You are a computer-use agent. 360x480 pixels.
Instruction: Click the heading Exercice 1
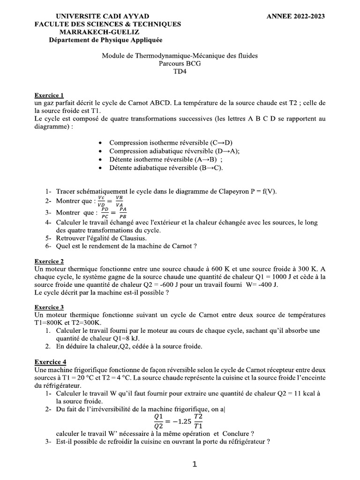(x=49, y=95)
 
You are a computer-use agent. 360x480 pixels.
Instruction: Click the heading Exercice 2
(x=49, y=262)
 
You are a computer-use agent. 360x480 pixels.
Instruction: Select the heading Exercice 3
(x=49, y=307)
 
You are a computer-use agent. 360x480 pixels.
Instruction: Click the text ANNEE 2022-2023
(x=295, y=16)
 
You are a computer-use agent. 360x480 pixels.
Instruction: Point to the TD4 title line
(x=180, y=72)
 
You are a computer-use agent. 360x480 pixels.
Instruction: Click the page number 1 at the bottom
(x=195, y=465)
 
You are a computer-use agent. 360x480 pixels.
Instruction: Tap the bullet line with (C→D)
(x=171, y=142)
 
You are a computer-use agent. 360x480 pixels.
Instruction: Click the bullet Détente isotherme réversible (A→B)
(x=165, y=159)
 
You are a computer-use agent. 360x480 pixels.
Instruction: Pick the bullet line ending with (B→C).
(x=166, y=168)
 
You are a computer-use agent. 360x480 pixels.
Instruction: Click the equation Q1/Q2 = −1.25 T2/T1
(x=179, y=421)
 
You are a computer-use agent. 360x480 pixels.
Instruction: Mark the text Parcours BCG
(x=180, y=64)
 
